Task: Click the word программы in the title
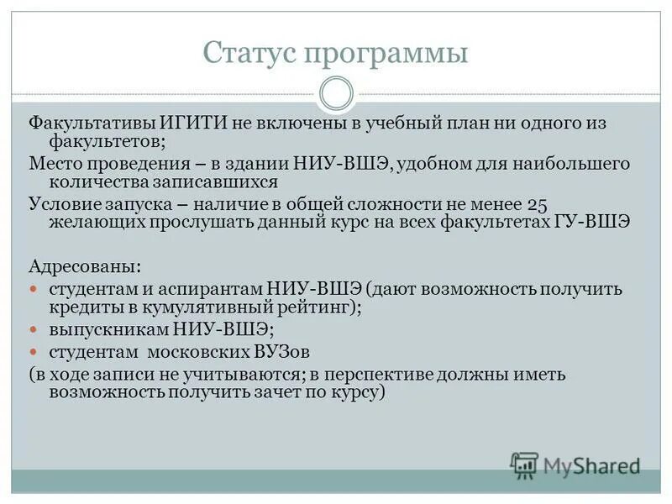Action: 386,55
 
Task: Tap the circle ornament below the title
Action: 336,93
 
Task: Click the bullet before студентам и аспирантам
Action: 34,288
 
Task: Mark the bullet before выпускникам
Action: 34,328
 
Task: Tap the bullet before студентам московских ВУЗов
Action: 34,350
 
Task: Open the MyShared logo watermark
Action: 576,465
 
